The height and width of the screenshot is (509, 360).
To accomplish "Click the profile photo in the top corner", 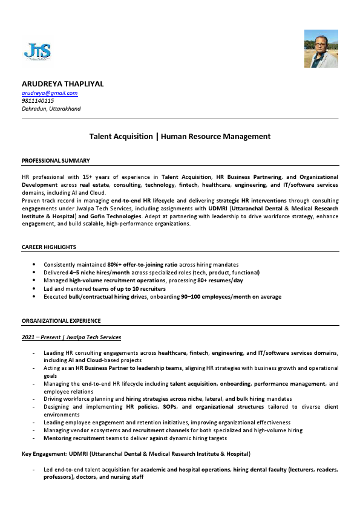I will (x=321, y=48).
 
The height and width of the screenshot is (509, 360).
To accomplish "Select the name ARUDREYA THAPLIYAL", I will (x=63, y=83).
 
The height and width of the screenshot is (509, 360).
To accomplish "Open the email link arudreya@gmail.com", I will (x=50, y=93).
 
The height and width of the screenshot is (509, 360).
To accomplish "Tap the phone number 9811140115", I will (x=38, y=101).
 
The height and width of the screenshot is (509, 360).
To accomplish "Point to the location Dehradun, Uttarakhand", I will (x=51, y=109).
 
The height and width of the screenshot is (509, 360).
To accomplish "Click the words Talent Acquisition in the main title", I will (x=121, y=137).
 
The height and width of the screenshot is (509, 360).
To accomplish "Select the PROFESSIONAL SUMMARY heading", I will (x=56, y=160).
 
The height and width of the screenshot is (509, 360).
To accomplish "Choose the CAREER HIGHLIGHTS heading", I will (x=49, y=247).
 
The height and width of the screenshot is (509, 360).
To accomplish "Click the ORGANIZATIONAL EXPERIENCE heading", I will (x=61, y=320).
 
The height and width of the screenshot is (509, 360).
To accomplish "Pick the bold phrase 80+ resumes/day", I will (x=221, y=280).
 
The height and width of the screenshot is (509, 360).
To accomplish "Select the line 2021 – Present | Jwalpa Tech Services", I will (x=71, y=337).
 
